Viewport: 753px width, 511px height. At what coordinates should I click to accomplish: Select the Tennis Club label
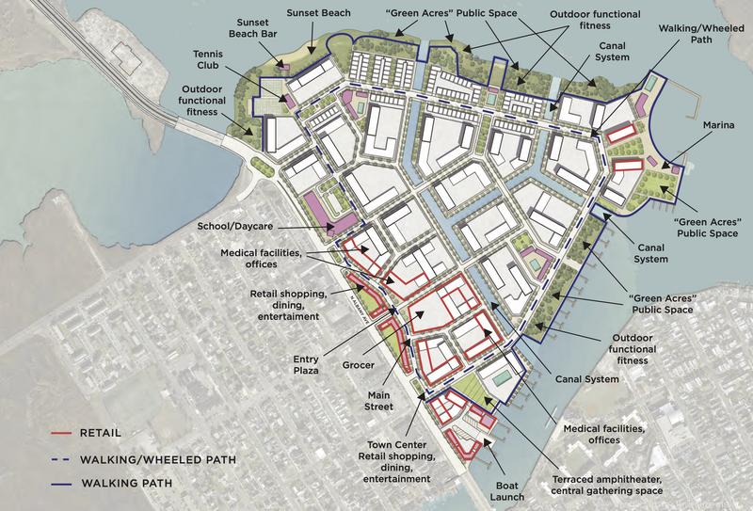pos(206,61)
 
